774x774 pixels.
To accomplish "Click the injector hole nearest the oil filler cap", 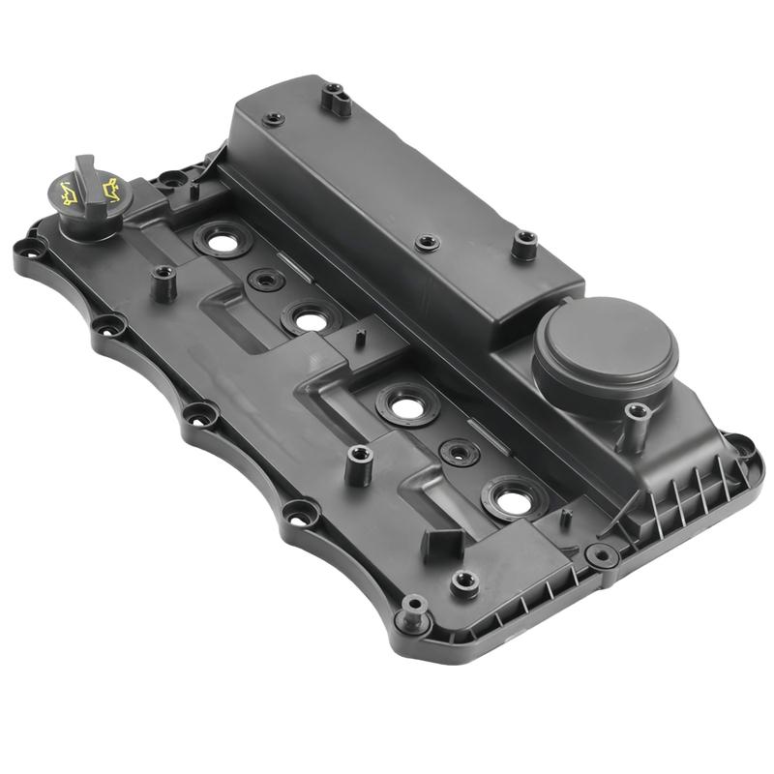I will pyautogui.click(x=223, y=242).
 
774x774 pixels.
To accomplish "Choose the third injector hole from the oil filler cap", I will pyautogui.click(x=409, y=407).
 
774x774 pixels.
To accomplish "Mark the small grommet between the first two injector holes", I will pyautogui.click(x=266, y=281).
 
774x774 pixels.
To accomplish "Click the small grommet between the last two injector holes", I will pyautogui.click(x=459, y=452).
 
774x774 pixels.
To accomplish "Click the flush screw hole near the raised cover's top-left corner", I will pyautogui.click(x=274, y=120).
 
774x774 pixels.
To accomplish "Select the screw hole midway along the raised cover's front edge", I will pyautogui.click(x=426, y=242).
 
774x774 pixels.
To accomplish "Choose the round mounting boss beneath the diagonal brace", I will pyautogui.click(x=601, y=555).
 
